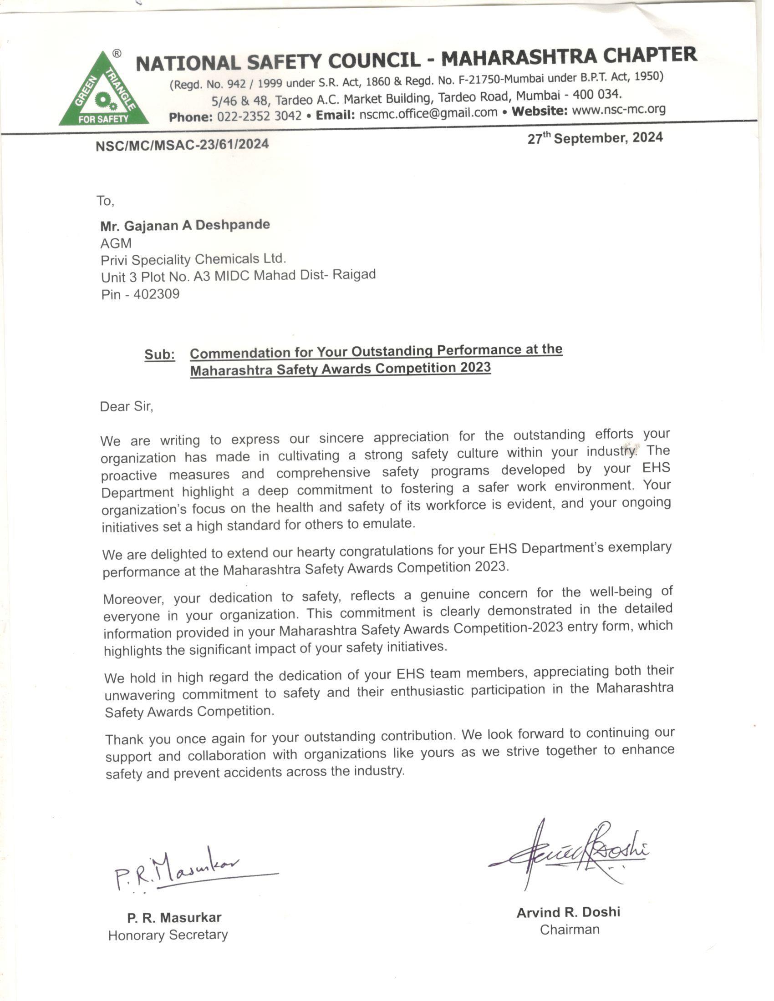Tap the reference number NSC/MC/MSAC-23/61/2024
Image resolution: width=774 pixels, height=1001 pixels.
182,145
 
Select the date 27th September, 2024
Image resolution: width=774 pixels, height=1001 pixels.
595,138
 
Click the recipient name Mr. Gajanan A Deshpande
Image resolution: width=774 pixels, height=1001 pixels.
185,226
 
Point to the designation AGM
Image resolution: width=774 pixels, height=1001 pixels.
116,243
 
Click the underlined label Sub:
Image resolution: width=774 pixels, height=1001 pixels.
159,355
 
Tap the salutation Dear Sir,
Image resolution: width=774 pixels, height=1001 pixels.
127,406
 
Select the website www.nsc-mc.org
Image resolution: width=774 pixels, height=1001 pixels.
619,110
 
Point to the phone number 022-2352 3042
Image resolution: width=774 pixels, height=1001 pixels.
259,116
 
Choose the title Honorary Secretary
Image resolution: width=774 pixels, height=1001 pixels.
168,935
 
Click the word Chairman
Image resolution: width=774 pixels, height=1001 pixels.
570,930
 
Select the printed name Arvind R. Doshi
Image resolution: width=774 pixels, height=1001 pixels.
568,913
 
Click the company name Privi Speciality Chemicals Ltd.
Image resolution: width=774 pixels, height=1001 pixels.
193,259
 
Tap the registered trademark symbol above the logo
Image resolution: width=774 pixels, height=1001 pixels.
117,54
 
